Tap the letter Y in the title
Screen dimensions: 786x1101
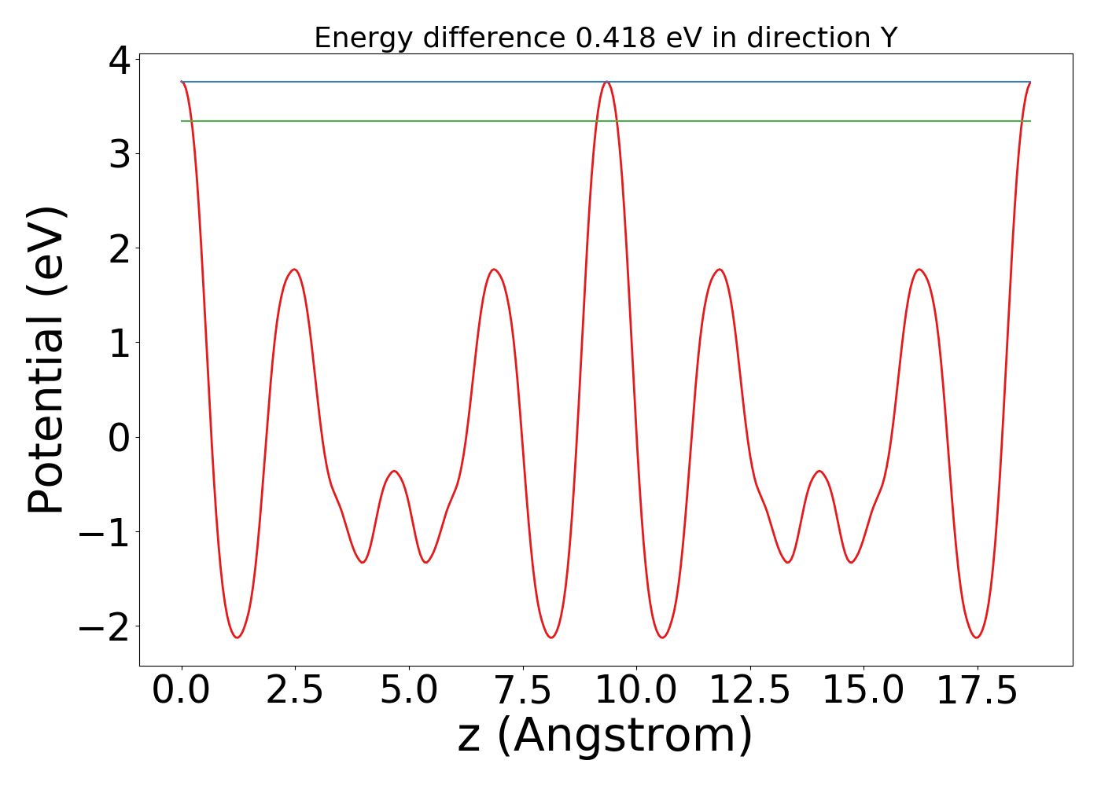(x=889, y=38)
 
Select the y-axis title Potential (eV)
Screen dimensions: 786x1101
(x=46, y=360)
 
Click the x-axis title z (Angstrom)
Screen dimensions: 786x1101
(x=605, y=736)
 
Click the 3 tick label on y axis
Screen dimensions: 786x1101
(x=120, y=154)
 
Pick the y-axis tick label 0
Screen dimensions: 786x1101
(x=120, y=438)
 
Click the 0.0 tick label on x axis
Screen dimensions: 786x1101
(x=182, y=691)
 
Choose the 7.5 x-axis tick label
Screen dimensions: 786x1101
(x=522, y=691)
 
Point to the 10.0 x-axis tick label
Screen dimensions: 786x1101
(x=635, y=691)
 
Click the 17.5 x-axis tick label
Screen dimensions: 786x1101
(x=976, y=691)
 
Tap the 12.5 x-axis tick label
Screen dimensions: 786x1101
(x=749, y=691)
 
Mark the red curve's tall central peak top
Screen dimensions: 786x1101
(x=606, y=82)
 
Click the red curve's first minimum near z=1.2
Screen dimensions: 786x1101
(x=237, y=637)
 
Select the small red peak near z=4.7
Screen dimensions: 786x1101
(x=394, y=471)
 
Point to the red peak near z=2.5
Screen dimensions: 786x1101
(x=294, y=270)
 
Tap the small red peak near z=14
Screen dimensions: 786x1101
(x=819, y=471)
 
